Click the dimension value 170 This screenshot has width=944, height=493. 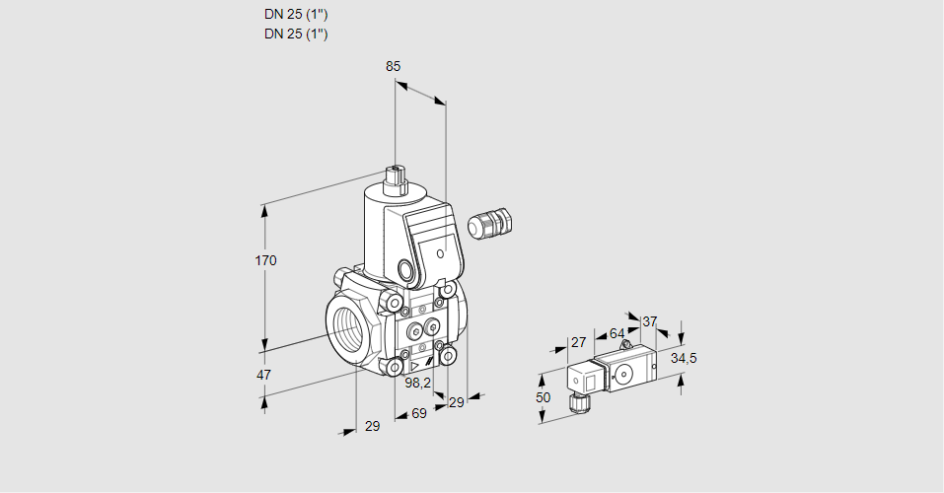click(x=266, y=261)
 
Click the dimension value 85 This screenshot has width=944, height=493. click(x=393, y=66)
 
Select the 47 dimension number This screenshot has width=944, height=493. click(x=263, y=375)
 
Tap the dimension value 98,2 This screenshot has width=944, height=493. click(x=419, y=383)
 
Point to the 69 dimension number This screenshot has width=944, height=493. click(x=418, y=413)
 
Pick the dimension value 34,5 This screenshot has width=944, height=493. click(x=684, y=358)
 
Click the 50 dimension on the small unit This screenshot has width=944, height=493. click(x=545, y=396)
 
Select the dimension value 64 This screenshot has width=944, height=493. click(x=617, y=333)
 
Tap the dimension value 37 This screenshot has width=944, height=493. click(x=649, y=321)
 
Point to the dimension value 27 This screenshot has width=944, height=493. click(x=579, y=343)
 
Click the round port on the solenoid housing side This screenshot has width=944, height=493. click(x=406, y=269)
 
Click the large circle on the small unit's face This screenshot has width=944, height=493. click(x=623, y=374)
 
